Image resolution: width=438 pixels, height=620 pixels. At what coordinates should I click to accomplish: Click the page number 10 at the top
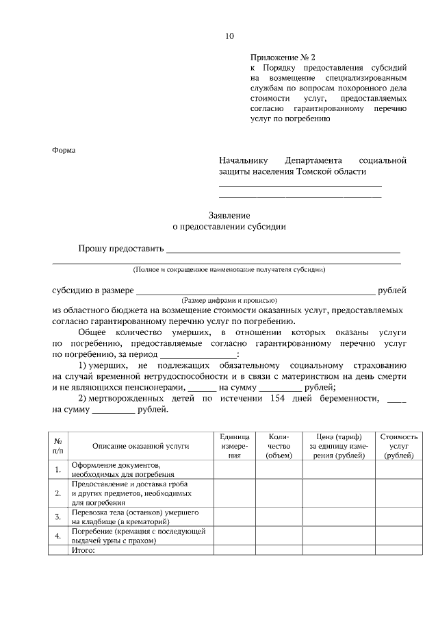(x=229, y=36)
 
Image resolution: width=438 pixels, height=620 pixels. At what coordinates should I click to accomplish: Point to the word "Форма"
(x=64, y=150)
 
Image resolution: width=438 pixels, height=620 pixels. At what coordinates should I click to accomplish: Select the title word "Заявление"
(x=229, y=214)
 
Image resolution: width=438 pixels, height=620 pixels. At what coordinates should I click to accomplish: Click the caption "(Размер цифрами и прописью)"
(x=229, y=300)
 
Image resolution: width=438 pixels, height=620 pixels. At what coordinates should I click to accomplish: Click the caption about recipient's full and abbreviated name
(x=229, y=269)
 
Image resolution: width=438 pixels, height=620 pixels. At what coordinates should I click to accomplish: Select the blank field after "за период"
(x=198, y=354)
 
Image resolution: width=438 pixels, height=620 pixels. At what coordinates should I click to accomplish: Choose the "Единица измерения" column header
(x=235, y=446)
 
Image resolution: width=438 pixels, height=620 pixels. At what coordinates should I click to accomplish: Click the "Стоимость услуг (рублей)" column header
(x=399, y=446)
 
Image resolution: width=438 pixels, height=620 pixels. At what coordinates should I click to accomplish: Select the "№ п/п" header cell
(x=58, y=446)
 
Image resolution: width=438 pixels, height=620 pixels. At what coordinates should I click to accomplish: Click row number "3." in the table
(x=58, y=517)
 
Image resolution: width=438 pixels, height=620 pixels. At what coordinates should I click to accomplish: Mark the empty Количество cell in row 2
(x=279, y=493)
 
